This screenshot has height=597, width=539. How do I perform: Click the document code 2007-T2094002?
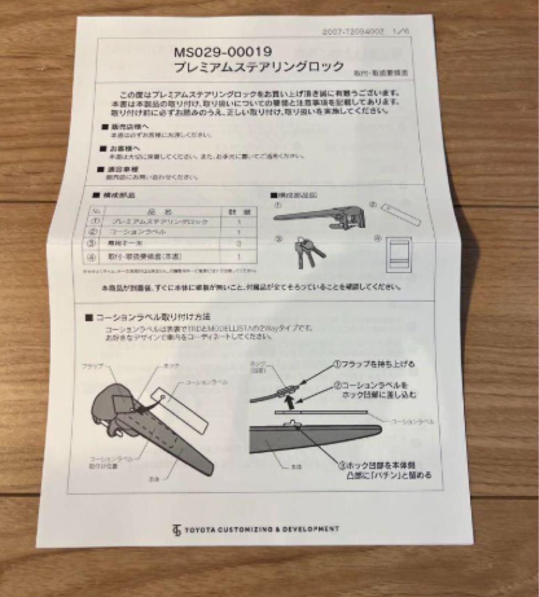353,32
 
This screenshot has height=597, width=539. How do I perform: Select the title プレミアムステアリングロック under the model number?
259,68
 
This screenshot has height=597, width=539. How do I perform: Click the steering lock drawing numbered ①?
320,217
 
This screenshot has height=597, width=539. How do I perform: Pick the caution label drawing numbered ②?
400,215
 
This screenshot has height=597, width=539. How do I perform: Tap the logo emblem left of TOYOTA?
176,531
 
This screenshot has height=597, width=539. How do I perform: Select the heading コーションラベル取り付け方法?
152,318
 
